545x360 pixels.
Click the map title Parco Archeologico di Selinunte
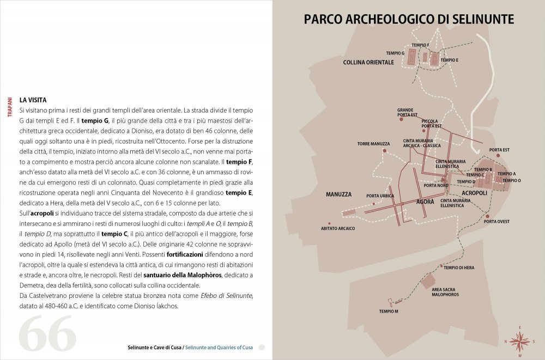(x=409, y=20)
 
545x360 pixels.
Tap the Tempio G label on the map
(x=395, y=53)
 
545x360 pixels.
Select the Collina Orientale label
(x=368, y=63)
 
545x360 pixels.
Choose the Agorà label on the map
(x=425, y=202)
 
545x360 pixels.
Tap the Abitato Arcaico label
(x=338, y=228)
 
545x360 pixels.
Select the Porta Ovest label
(x=496, y=222)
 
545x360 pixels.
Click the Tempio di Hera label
(x=459, y=267)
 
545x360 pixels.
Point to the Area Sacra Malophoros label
(x=445, y=292)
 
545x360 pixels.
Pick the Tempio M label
(x=389, y=311)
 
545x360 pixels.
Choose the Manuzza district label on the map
(x=339, y=194)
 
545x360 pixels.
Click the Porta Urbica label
(x=380, y=196)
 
